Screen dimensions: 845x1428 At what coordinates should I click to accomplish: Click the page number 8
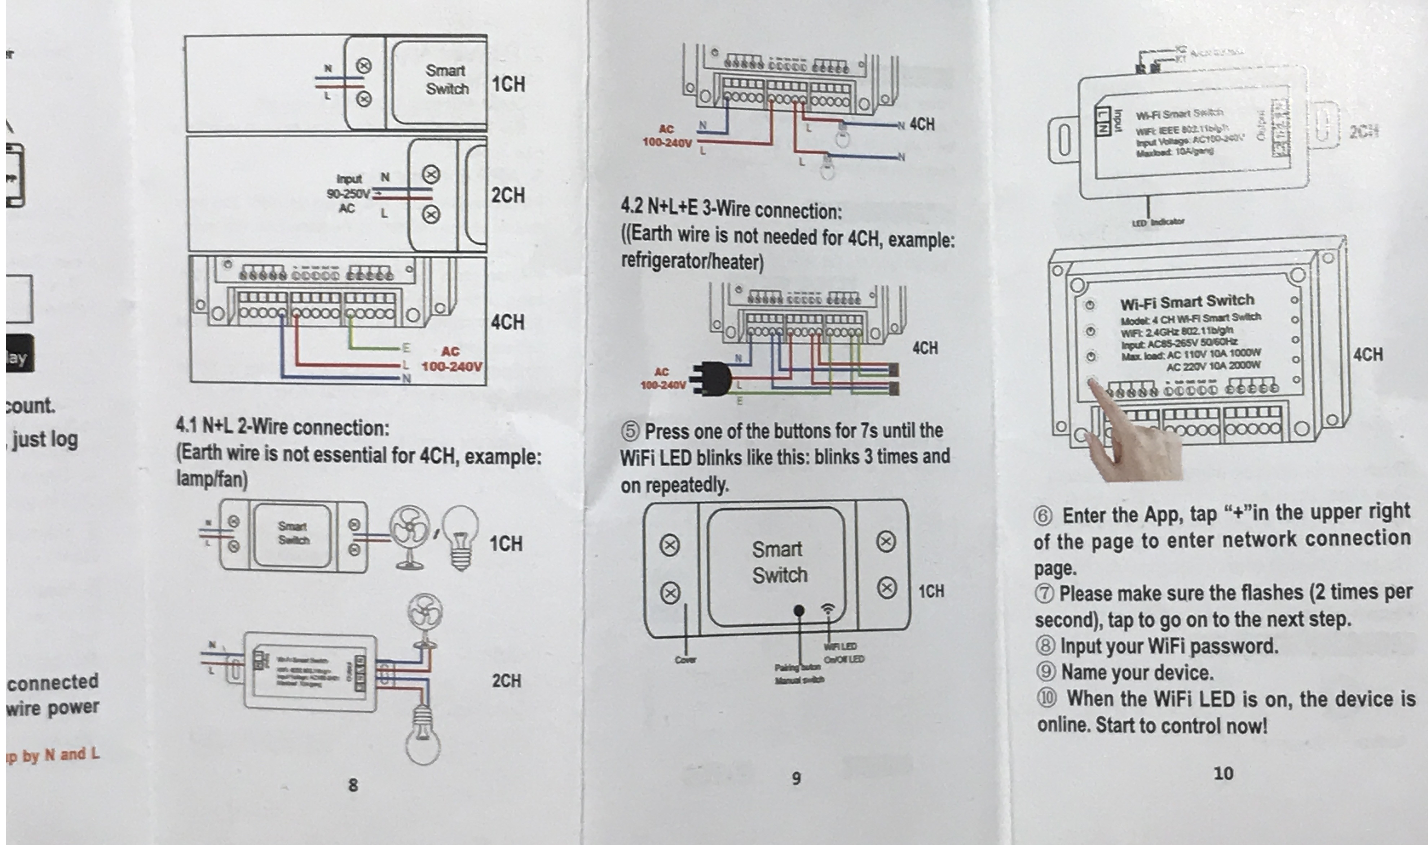[x=353, y=785]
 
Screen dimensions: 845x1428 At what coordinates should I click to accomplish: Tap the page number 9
[x=796, y=778]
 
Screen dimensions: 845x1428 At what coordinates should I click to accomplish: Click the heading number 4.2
[x=632, y=207]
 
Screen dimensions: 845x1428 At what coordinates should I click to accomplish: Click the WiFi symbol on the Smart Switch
[x=828, y=609]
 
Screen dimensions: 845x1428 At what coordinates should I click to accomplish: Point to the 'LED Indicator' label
[x=1158, y=222]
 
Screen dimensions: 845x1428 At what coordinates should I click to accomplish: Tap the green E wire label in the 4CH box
[x=406, y=348]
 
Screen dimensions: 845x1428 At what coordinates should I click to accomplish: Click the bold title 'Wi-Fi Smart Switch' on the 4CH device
[x=1186, y=301]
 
